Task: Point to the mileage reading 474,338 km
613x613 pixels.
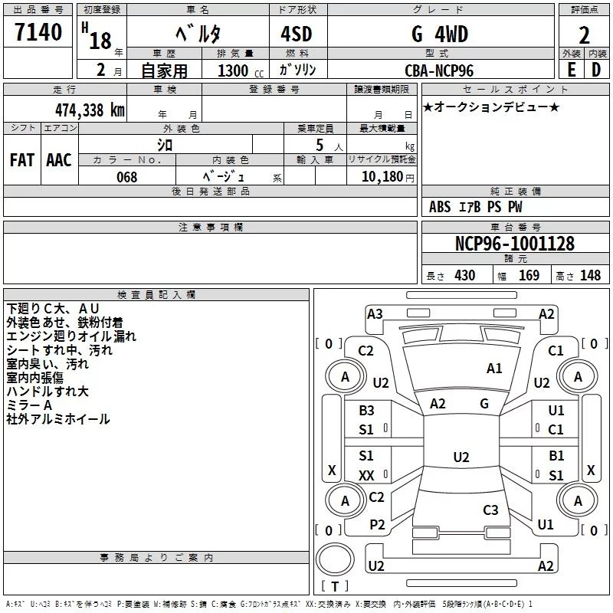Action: (90, 110)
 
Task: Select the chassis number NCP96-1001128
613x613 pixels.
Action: (514, 244)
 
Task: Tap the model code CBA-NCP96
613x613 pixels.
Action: (439, 70)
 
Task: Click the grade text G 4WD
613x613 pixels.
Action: (439, 34)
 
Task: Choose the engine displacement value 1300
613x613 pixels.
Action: (232, 70)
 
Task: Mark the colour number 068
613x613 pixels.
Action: (126, 177)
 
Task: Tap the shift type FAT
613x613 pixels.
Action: (21, 160)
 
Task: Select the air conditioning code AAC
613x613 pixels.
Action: (58, 160)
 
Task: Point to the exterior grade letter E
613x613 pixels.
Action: (571, 70)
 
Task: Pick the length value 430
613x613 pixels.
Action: (464, 276)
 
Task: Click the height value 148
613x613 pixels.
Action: (590, 276)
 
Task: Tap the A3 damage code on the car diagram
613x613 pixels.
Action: (375, 313)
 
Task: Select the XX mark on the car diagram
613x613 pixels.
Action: (367, 476)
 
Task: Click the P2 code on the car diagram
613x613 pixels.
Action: (377, 524)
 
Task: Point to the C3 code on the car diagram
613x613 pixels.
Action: (490, 510)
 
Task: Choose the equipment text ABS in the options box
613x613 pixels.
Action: (440, 207)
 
